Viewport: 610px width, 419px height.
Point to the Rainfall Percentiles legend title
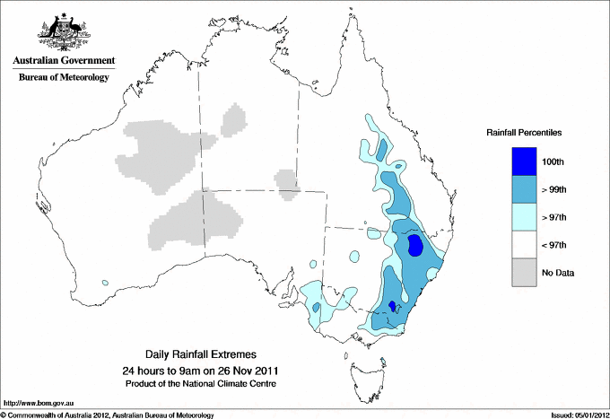[524, 132]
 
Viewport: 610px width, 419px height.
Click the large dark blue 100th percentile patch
[416, 245]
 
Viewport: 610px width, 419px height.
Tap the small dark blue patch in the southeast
[392, 307]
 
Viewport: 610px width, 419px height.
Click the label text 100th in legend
[553, 162]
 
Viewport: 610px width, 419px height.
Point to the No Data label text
[556, 273]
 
